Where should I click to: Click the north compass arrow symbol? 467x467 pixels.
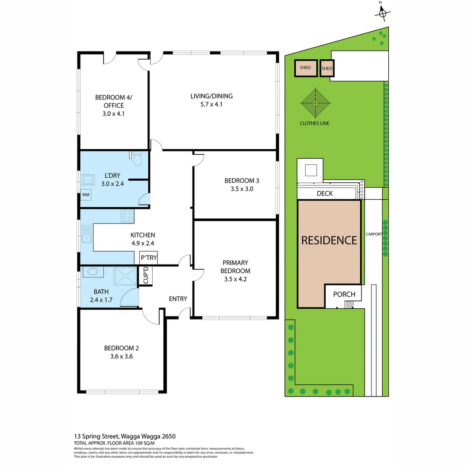coord(382,13)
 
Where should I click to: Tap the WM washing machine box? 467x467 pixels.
coord(86,195)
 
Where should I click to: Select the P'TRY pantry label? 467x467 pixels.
coord(149,258)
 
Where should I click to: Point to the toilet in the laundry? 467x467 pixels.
coord(138,160)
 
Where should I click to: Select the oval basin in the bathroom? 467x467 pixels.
coord(92,272)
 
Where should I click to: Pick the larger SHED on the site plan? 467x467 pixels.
coord(305,68)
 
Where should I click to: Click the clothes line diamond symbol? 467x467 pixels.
coord(315,103)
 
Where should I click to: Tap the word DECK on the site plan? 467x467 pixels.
coord(325,193)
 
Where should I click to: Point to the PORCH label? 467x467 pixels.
coord(344,294)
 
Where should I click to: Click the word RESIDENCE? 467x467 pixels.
coord(329,240)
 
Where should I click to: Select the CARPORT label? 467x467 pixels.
coord(373,234)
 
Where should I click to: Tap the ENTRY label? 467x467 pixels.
coord(178,299)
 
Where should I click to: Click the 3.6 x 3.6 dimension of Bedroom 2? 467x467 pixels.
coord(121,357)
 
